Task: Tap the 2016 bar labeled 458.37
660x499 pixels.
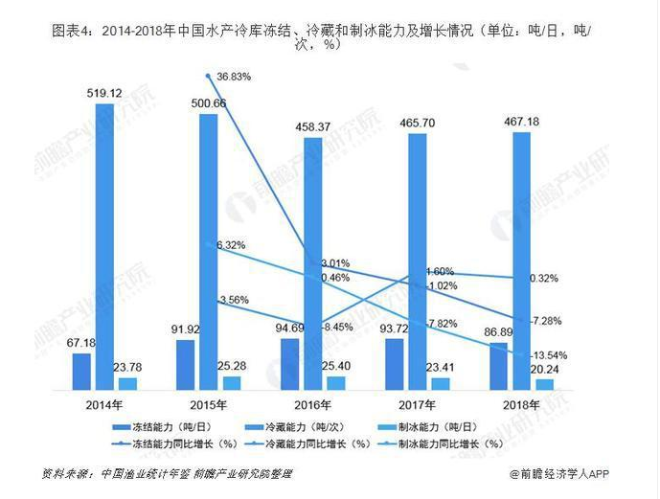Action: pyautogui.click(x=312, y=263)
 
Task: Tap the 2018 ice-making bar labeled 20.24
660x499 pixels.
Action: pyautogui.click(x=544, y=383)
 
